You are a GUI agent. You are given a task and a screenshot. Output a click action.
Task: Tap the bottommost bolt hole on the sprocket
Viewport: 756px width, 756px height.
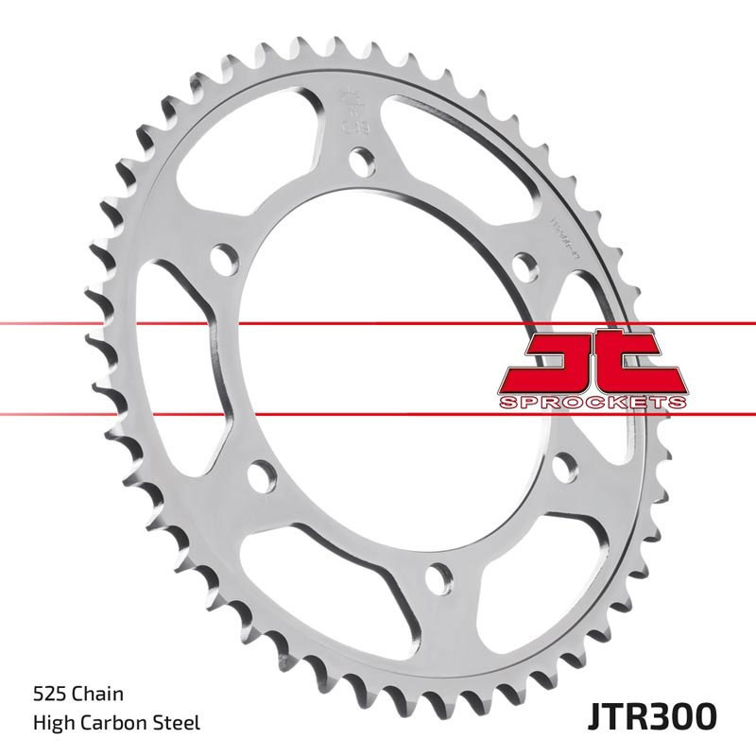point(439,576)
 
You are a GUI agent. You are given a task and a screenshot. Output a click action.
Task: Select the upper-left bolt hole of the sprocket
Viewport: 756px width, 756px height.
point(224,259)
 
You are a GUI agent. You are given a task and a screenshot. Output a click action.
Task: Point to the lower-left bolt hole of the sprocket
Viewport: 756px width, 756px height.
point(263,475)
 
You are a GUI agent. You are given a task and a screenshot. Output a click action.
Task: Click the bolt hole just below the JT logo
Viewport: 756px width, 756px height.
point(564,466)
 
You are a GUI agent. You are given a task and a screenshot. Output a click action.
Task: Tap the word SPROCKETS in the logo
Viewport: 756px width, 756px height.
point(592,403)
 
